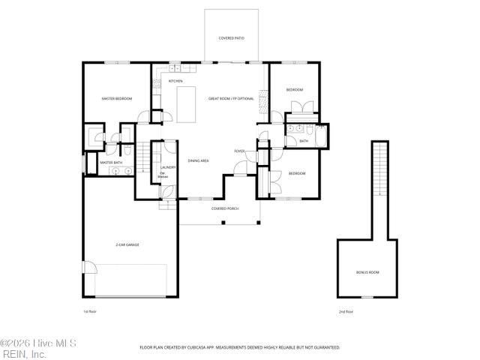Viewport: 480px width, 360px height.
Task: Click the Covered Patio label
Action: point(231,37)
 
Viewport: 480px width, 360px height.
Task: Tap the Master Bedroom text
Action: point(117,99)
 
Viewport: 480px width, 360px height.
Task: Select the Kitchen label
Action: point(175,81)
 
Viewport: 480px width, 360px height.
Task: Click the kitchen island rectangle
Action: point(186,103)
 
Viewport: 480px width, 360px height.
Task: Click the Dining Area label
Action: point(198,160)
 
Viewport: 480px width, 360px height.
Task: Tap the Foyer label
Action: point(239,151)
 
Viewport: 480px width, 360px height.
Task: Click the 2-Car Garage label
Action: point(127,244)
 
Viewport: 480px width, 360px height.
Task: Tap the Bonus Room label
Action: point(367,272)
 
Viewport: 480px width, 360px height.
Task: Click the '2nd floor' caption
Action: point(345,311)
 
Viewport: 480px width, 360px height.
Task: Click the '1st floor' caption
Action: point(89,311)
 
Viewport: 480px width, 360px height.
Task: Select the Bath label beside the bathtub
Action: point(304,140)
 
